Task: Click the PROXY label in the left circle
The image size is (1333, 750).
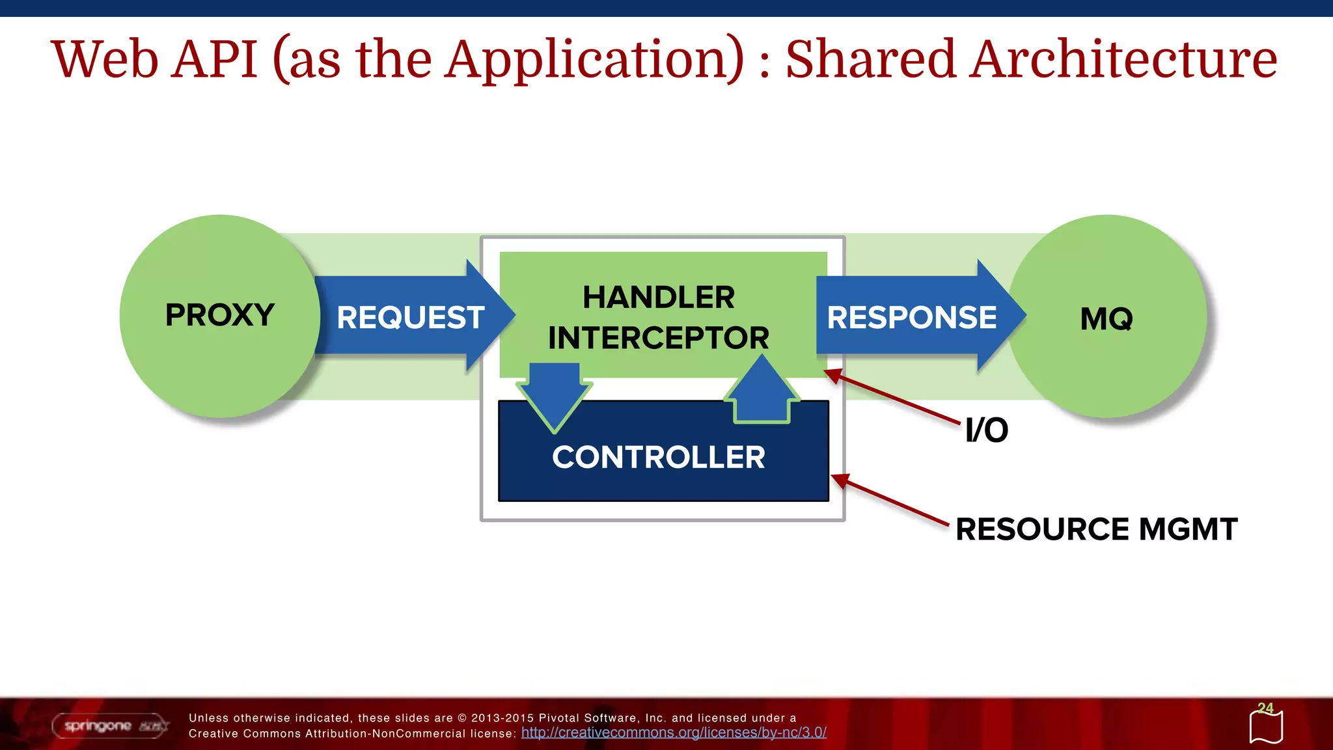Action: pos(219,315)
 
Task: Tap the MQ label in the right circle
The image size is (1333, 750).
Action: pos(1106,319)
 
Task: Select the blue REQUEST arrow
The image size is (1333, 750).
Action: pos(411,317)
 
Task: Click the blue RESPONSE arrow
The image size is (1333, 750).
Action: pos(911,317)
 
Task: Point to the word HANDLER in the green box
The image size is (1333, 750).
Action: pos(658,298)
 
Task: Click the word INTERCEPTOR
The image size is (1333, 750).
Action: pos(658,338)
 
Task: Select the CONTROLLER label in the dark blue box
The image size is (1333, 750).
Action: pos(658,457)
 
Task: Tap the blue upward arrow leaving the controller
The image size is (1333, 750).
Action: pos(761,391)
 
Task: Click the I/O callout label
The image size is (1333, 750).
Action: pos(986,430)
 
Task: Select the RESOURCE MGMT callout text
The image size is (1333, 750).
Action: pos(1096,529)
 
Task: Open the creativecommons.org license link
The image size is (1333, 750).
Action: pos(674,732)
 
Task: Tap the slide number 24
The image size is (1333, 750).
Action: pos(1265,708)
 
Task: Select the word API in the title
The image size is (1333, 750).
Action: pos(216,59)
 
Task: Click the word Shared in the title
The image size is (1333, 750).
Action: pos(870,59)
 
